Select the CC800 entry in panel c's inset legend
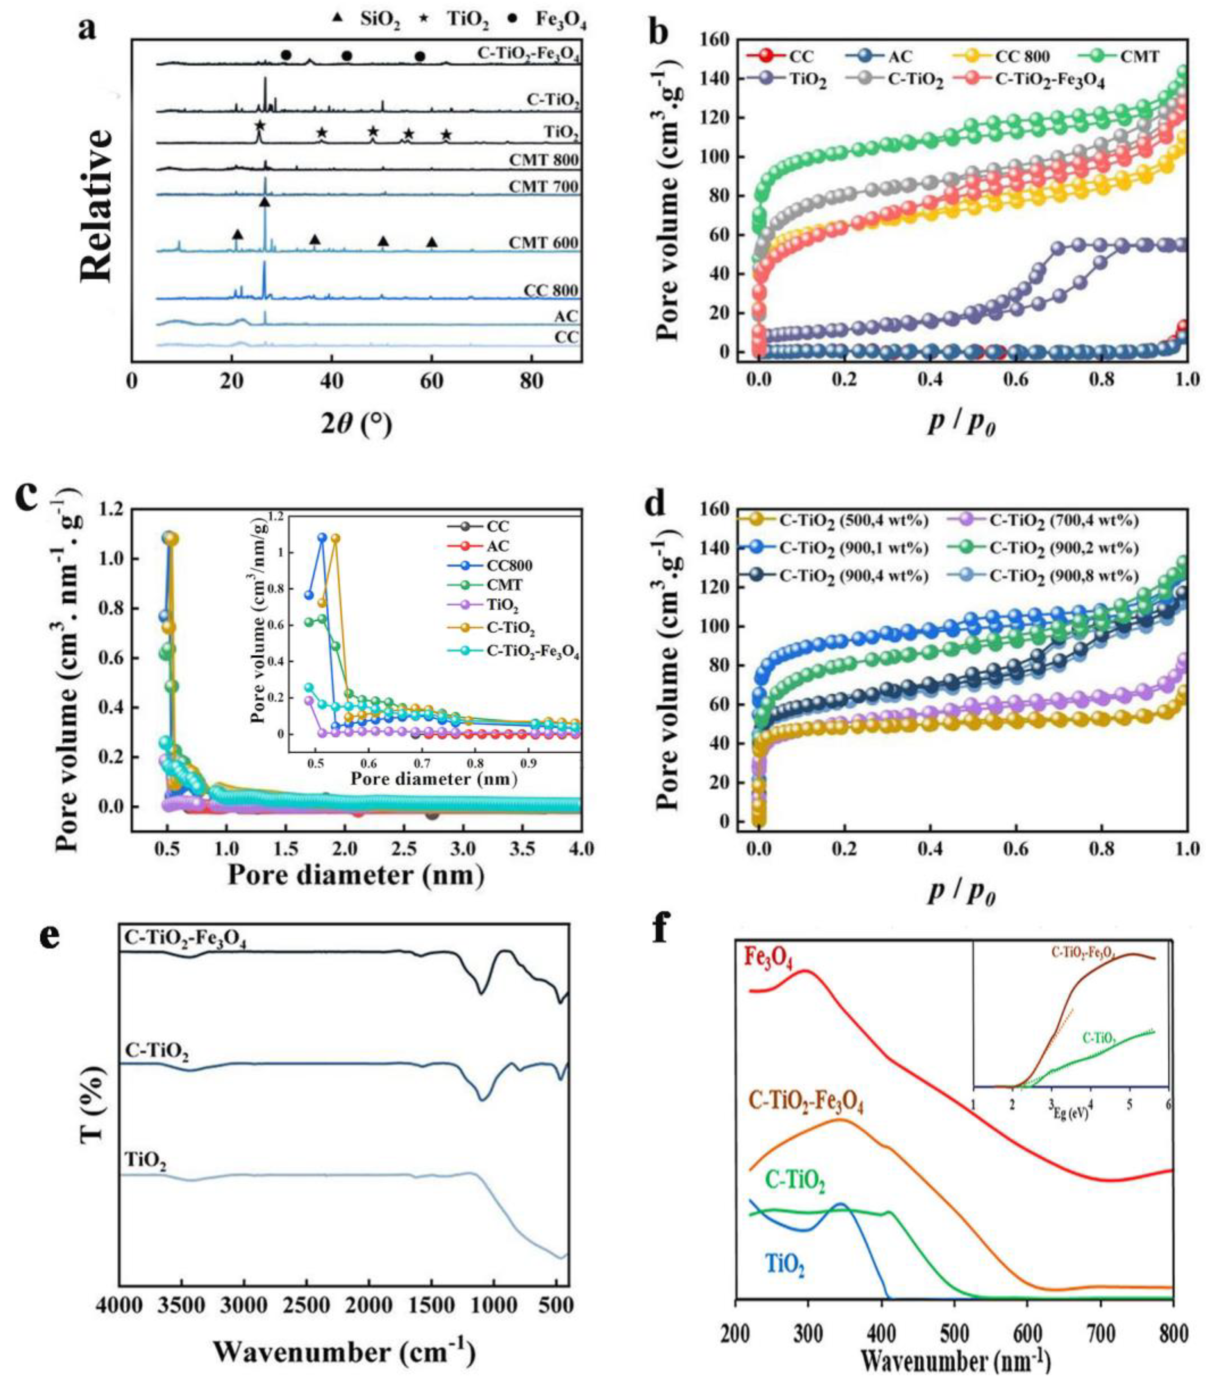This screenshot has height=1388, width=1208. pyautogui.click(x=506, y=566)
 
